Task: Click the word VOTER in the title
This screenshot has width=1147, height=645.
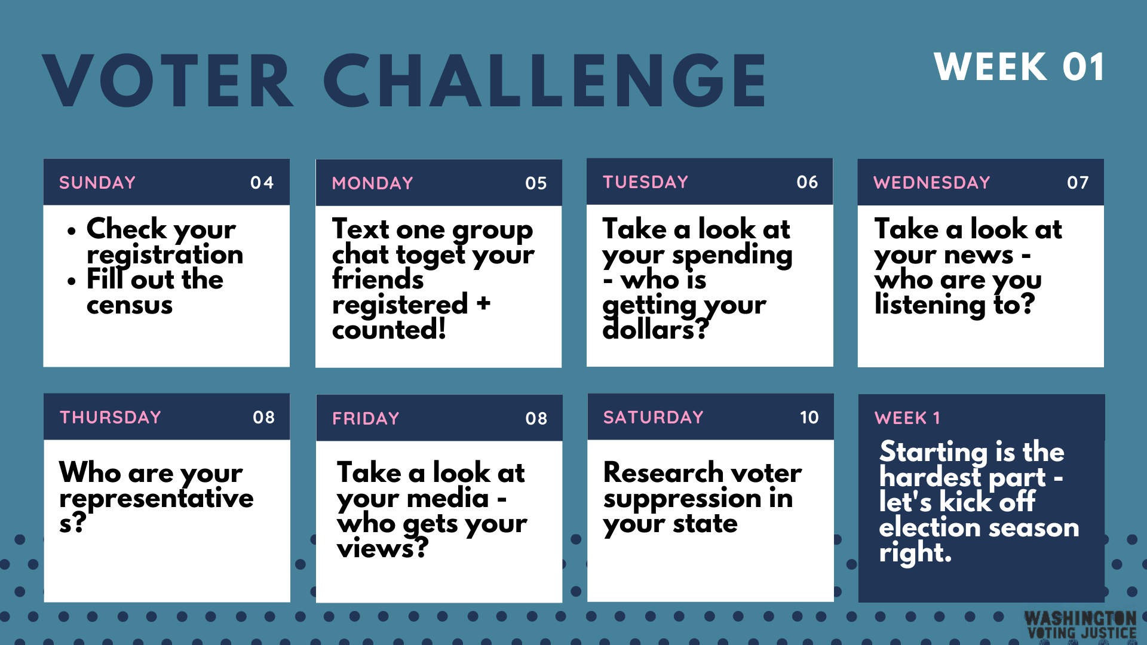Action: [168, 81]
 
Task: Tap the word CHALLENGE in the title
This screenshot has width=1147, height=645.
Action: [545, 81]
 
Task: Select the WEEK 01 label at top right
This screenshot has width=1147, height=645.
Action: [1019, 66]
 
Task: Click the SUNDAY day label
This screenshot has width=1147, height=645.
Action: [97, 183]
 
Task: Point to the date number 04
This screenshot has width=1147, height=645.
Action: [262, 183]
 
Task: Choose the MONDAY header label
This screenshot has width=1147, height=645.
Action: [373, 183]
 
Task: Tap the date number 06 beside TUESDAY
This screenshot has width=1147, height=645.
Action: [807, 182]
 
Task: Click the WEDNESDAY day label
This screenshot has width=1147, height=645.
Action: [932, 183]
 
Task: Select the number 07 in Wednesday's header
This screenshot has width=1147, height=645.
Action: [1078, 183]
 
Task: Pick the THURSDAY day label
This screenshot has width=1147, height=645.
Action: [111, 417]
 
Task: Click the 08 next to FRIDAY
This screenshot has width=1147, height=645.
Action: [536, 419]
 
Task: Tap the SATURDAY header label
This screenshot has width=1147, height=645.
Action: [654, 417]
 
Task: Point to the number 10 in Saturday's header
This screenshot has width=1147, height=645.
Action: [809, 417]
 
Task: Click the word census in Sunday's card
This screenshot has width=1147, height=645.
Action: [130, 305]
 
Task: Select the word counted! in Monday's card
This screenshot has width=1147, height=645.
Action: [389, 329]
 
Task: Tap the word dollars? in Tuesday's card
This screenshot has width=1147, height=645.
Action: [655, 329]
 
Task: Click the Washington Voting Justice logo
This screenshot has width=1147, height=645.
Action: [1081, 625]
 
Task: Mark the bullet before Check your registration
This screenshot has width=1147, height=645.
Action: [72, 231]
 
